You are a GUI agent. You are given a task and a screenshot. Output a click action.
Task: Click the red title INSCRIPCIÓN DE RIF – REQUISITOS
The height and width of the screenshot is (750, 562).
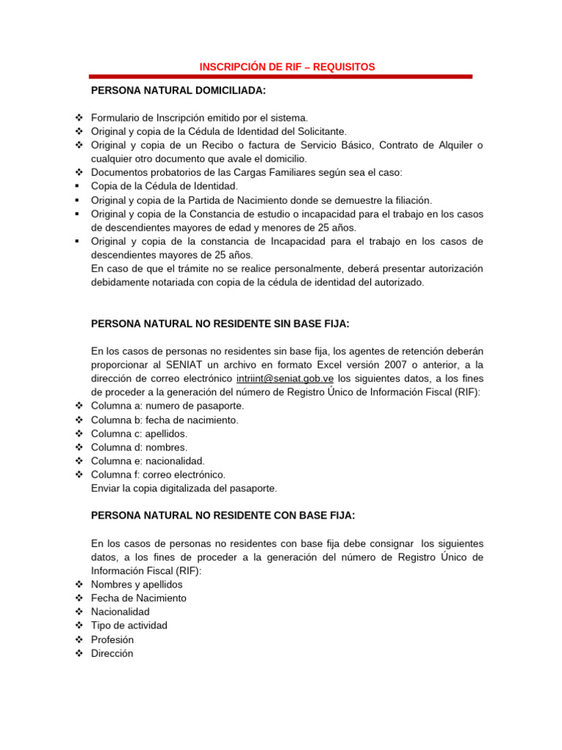[x=287, y=67]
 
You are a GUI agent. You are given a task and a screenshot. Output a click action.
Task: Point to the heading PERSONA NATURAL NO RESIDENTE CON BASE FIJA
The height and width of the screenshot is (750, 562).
[x=222, y=515]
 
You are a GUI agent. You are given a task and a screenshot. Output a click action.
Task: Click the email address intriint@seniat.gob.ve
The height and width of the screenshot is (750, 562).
[x=285, y=378]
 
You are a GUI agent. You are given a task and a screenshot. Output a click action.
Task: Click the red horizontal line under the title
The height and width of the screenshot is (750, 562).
[x=280, y=76]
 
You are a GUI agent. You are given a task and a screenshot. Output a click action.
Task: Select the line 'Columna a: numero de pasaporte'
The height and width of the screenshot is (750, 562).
[x=168, y=406]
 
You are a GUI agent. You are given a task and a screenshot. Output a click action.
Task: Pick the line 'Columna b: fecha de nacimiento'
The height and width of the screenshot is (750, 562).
[x=165, y=420]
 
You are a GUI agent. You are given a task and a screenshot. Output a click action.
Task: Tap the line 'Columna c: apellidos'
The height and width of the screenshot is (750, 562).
[x=139, y=434]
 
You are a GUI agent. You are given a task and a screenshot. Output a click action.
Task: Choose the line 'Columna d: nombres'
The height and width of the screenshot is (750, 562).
[x=139, y=447]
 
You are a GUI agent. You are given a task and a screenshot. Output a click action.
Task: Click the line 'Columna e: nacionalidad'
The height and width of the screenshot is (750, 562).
[x=148, y=461]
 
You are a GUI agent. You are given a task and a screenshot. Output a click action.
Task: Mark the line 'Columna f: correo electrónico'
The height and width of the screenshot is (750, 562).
[x=158, y=475]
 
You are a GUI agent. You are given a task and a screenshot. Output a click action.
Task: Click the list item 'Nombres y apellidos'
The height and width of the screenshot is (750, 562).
[x=137, y=584]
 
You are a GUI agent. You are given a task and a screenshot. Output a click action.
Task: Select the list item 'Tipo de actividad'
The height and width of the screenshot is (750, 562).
[x=129, y=625]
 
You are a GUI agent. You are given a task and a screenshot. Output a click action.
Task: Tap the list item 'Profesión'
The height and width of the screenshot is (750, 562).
[x=112, y=639]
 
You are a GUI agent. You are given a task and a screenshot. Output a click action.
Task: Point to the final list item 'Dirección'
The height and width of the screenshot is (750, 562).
[x=112, y=653]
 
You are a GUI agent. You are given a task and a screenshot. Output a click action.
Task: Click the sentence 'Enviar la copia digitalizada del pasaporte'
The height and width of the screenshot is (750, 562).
[x=184, y=488]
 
